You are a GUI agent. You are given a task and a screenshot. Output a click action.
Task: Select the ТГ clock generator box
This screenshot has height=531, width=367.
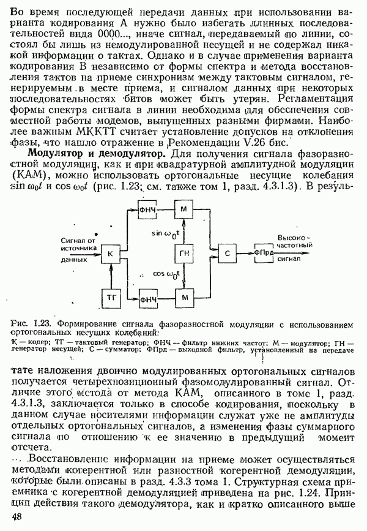tap(111, 299)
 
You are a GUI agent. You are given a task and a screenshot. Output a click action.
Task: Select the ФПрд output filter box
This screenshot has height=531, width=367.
tap(264, 253)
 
